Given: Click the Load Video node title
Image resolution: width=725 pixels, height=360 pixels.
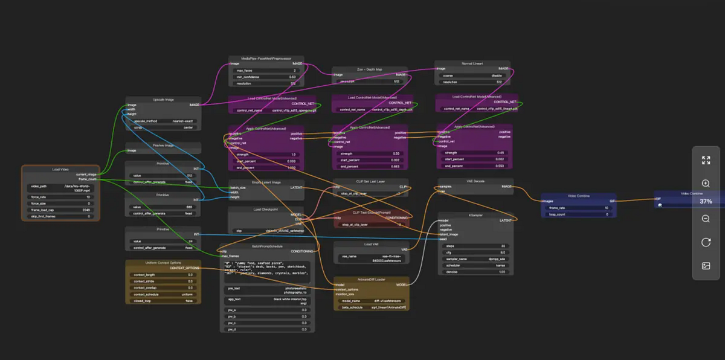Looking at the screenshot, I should coord(60,169).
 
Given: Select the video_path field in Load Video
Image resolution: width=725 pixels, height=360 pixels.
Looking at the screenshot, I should coord(60,187).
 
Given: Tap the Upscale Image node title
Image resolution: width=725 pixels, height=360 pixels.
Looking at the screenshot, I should coord(163,99).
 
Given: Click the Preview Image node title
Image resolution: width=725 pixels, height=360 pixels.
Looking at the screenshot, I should coord(163,145).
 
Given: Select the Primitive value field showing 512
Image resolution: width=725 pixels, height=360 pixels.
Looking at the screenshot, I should coord(163,175).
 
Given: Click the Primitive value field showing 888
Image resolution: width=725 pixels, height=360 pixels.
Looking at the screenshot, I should coord(163,206).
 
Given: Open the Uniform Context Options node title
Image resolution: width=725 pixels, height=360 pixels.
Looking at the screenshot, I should coord(164,263).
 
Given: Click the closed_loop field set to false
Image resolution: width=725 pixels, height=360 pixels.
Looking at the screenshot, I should coord(163,300).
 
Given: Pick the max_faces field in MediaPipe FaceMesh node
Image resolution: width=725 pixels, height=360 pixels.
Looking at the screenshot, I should coord(266,70).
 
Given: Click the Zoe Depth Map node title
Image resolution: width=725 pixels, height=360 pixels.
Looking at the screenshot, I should coord(369,70).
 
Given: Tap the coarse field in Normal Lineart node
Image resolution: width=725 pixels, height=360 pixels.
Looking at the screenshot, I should coord(473,76).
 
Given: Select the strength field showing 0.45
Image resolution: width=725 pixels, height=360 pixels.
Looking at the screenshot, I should coord(473,152).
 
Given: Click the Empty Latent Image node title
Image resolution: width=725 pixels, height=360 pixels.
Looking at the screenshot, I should coord(266,182).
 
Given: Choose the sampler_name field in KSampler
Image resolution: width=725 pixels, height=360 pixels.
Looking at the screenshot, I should coord(475,257).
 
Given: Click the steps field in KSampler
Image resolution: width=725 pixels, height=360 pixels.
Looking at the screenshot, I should coord(475,245).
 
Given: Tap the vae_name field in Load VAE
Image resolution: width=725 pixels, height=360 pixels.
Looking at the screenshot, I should coord(369,256).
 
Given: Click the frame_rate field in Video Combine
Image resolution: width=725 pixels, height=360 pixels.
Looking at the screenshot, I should coord(578,207).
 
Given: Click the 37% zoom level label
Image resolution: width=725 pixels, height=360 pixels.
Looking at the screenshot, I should coord(706,201).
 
